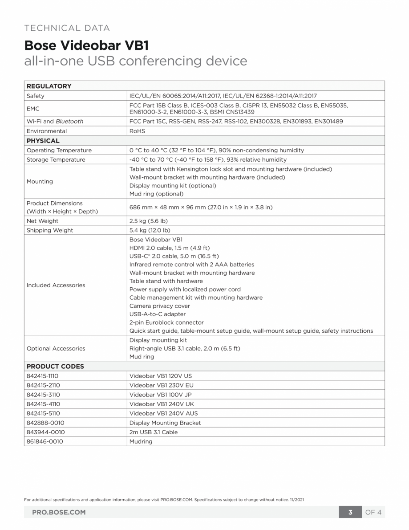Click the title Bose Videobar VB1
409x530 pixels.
(86, 45)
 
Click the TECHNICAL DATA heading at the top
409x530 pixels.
(67, 28)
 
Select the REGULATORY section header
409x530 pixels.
(49, 86)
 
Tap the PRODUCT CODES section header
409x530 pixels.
(55, 366)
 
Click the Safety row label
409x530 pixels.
(36, 96)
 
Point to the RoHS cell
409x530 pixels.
(137, 131)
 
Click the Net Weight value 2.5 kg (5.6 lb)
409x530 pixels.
(148, 221)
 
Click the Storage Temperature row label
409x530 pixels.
(56, 159)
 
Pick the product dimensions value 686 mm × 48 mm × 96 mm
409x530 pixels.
(201, 208)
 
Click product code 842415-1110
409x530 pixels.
(43, 376)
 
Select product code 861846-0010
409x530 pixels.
(45, 441)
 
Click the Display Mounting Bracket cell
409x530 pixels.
(165, 423)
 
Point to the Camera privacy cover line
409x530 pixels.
(159, 306)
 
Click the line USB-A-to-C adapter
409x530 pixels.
(158, 314)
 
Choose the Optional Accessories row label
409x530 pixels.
(56, 348)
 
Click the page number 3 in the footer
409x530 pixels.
(350, 512)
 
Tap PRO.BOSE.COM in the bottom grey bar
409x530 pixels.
(59, 512)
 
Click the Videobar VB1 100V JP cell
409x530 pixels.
(161, 395)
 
